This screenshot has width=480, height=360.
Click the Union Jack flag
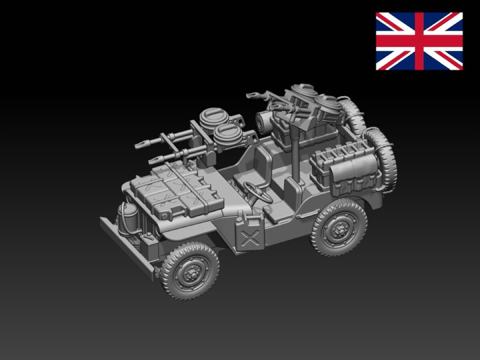click(419, 41)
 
